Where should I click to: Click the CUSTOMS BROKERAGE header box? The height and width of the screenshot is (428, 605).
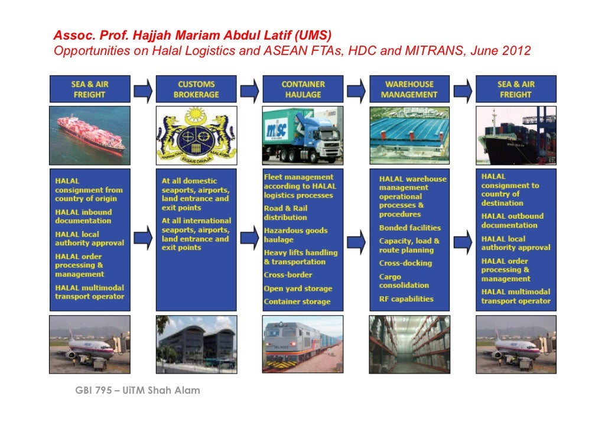point(196,89)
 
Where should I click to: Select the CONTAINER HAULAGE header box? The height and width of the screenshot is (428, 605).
point(302,89)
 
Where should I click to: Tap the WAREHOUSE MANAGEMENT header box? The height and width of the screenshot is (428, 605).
point(409,89)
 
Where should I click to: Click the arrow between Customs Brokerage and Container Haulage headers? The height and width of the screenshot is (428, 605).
point(249,90)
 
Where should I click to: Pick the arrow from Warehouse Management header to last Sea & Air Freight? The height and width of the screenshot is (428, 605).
point(462,90)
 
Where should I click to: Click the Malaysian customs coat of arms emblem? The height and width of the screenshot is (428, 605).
point(196,135)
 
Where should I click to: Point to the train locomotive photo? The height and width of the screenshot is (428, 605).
point(302,343)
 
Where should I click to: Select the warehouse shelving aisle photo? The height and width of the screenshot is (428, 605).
point(409,344)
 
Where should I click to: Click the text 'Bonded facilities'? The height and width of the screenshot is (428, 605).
point(410,228)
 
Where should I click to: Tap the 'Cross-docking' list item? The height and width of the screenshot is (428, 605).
point(405,263)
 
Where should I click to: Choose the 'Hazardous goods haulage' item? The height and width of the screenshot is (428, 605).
point(295,235)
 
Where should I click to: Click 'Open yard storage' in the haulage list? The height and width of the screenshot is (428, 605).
point(298,288)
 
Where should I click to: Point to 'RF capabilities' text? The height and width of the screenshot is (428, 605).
point(406,299)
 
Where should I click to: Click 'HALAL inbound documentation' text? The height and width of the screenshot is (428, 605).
point(83,216)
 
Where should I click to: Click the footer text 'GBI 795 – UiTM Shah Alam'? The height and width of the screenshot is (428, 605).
point(138,390)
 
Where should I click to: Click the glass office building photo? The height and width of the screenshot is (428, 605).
point(196,343)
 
